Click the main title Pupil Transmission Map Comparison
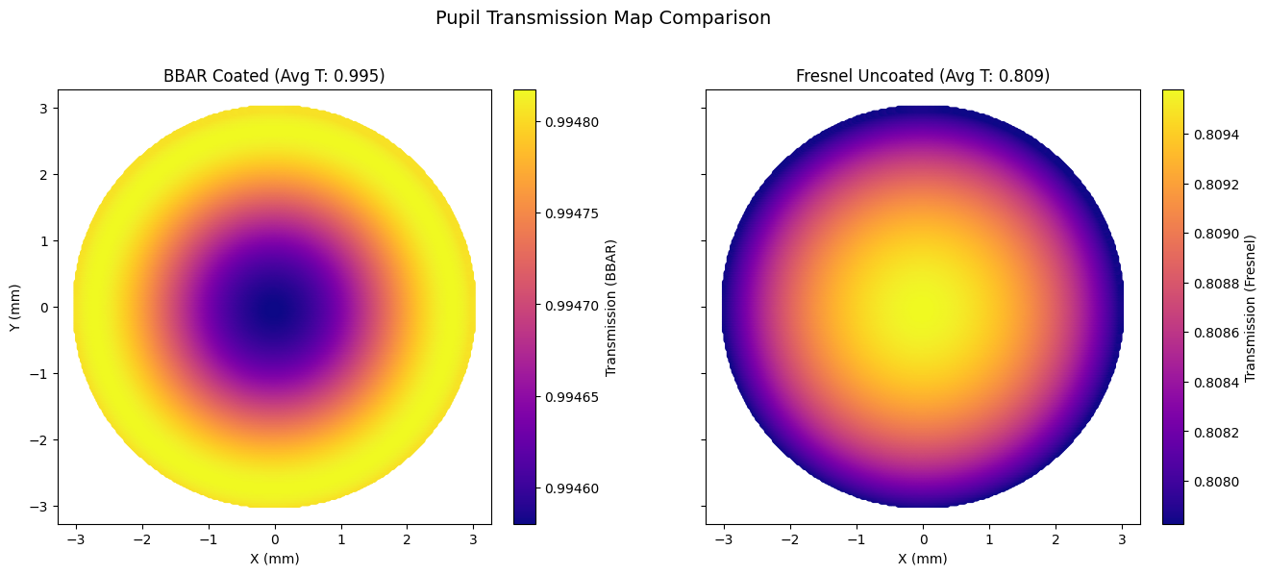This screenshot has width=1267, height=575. pos(603,18)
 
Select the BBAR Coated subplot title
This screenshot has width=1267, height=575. pos(275,76)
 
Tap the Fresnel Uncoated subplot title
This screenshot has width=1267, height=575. pos(923,76)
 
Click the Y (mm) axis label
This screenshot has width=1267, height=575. pos(14,308)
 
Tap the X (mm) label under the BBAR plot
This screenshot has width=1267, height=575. pos(275,559)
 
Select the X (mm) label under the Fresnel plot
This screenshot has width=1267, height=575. pos(923,559)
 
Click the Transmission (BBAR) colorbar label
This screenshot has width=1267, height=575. pos(611,308)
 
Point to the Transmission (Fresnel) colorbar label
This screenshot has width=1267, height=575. pos(1251,308)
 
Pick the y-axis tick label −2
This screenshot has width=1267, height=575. pos(40,440)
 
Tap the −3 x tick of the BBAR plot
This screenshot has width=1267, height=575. pos(76,539)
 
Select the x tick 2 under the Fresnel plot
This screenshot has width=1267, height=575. pos(1056,539)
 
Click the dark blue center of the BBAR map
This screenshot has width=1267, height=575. pos(275,308)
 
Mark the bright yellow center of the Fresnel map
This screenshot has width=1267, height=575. pos(923,308)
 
